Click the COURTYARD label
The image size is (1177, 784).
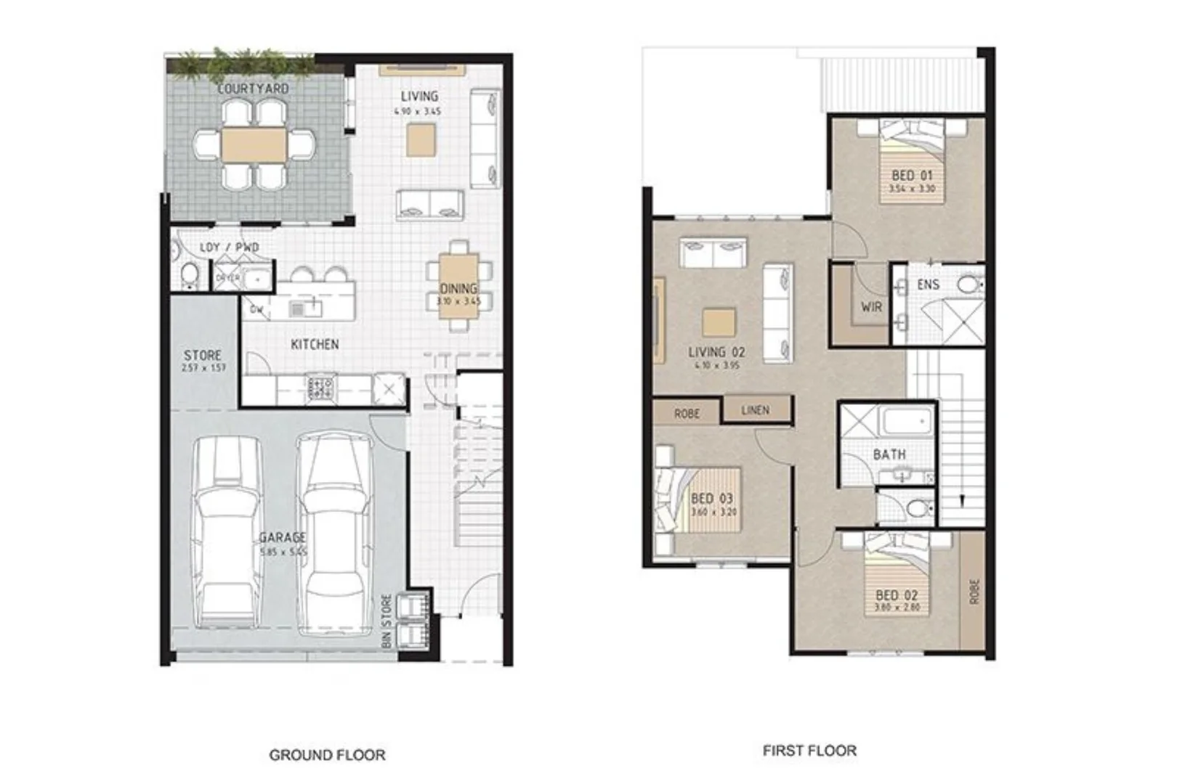click(254, 89)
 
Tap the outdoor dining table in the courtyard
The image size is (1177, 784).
click(254, 144)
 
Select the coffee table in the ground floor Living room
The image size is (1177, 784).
click(421, 139)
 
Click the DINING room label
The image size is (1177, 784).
click(458, 289)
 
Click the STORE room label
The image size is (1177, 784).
click(203, 356)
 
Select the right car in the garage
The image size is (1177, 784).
click(332, 534)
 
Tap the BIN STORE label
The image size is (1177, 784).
click(387, 621)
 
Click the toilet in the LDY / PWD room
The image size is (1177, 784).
click(190, 275)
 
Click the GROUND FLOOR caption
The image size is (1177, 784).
click(327, 755)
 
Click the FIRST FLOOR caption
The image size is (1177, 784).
click(809, 751)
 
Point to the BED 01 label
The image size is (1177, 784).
click(912, 176)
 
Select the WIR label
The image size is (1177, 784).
click(871, 307)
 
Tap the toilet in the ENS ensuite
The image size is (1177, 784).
click(970, 284)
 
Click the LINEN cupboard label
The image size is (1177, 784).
click(755, 410)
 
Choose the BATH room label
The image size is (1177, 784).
click(889, 454)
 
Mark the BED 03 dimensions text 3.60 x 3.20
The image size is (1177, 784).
click(713, 512)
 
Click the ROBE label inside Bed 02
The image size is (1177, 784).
click(974, 591)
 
